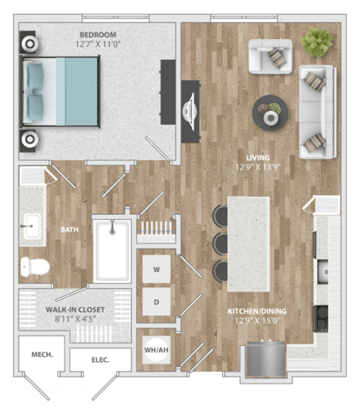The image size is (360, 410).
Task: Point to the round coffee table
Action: click(x=268, y=111)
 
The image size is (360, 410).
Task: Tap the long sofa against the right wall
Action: click(x=319, y=110)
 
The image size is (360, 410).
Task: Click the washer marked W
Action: click(x=157, y=267)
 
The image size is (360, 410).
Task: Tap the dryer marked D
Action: click(x=157, y=302)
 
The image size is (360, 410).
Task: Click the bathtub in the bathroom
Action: click(x=112, y=251)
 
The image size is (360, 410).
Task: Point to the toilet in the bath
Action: click(x=34, y=264)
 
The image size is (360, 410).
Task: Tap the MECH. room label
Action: click(x=41, y=354)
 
